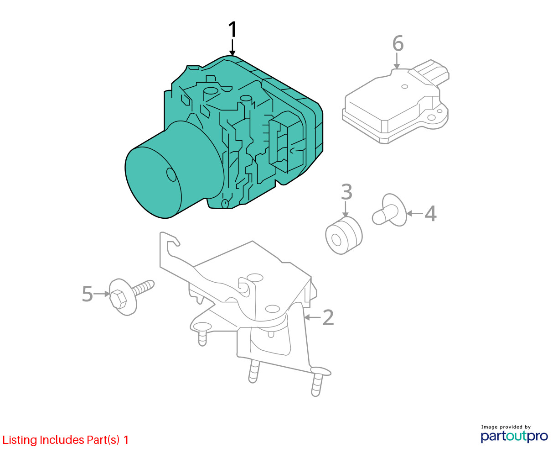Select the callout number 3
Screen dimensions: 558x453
(x=346, y=192)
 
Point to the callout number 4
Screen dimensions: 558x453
(x=430, y=213)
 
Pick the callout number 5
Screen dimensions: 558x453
(x=87, y=294)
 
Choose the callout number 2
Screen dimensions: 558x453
(x=328, y=317)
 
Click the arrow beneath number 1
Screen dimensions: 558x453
(x=232, y=47)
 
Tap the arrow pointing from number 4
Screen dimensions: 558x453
(x=414, y=213)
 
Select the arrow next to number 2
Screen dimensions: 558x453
(x=312, y=317)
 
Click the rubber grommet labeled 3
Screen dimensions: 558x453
(x=344, y=235)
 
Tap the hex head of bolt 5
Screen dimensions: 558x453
(x=118, y=299)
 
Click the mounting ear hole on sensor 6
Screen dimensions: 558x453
(x=431, y=117)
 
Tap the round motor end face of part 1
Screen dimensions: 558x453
(x=153, y=182)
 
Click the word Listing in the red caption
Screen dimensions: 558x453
(x=20, y=440)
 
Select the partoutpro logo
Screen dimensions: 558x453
(x=514, y=435)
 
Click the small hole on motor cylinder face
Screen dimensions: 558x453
(x=171, y=174)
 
